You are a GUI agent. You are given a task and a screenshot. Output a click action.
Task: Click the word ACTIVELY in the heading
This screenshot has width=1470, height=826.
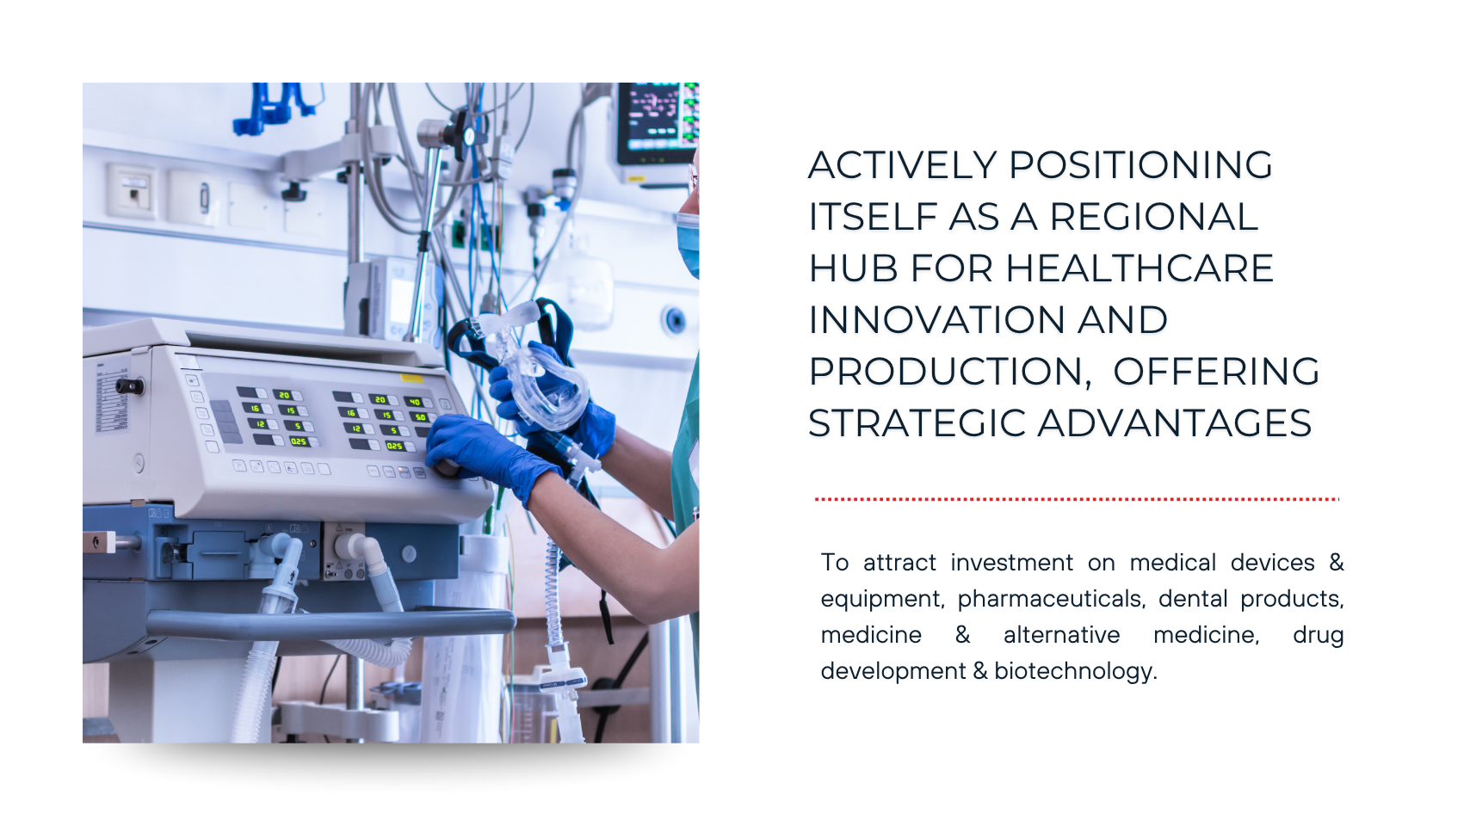point(902,164)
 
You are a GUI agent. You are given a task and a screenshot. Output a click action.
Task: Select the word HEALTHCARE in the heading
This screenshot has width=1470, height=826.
point(1140,268)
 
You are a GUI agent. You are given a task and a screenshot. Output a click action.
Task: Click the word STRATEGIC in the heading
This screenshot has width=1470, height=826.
point(917,423)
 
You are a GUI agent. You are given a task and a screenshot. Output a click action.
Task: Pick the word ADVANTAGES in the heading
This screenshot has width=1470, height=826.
point(1175,423)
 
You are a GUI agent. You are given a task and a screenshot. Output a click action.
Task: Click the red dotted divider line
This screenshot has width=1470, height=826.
point(1077,499)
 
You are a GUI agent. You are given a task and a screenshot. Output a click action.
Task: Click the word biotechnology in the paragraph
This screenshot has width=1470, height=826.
point(1076,671)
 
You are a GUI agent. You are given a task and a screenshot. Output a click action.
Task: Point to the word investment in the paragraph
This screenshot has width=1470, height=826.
point(1012,563)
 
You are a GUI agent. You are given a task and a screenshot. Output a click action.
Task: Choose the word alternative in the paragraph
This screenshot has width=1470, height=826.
point(1062,635)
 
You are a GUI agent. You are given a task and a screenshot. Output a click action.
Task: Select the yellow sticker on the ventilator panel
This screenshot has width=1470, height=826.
point(411,378)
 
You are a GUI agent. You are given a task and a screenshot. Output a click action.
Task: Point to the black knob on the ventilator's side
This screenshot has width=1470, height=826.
point(129,386)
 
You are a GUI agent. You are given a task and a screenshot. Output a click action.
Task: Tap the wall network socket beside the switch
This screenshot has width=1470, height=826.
point(134,192)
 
